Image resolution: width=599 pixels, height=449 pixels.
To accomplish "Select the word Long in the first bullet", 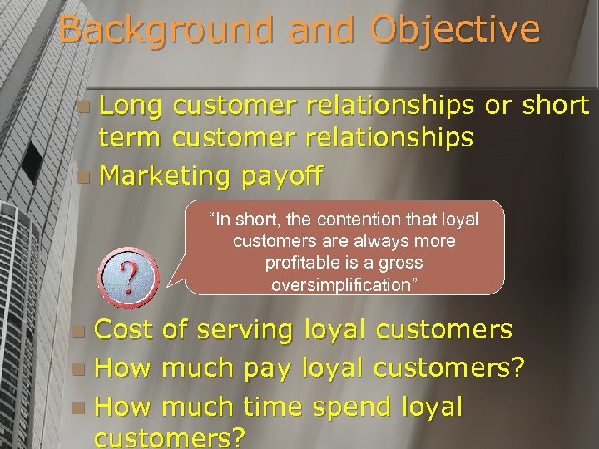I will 132,106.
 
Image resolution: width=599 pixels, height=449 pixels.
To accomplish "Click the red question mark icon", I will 130,271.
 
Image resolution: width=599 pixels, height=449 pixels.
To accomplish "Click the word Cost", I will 125,329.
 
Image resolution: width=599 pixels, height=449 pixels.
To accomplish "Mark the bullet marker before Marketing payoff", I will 80,177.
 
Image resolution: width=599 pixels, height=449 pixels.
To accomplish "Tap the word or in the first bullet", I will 498,106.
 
